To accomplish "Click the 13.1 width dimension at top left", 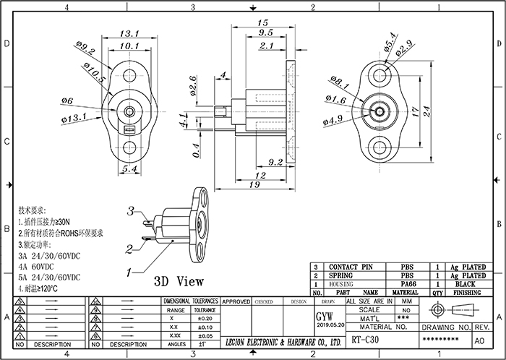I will (129, 34).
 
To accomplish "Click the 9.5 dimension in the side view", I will (265, 33).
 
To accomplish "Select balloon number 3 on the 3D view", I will (131, 212).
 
